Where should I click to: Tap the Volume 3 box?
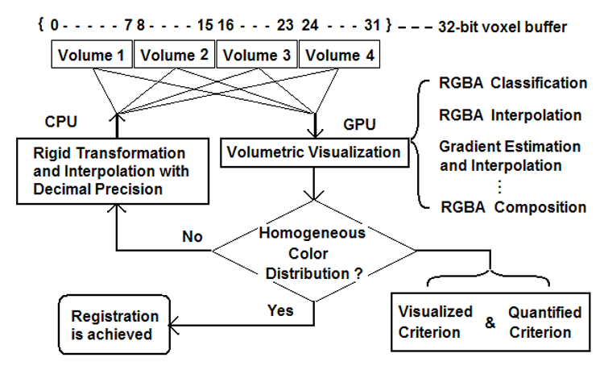pyautogui.click(x=255, y=55)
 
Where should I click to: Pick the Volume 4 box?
pyautogui.click(x=337, y=55)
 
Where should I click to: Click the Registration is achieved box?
pyautogui.click(x=114, y=325)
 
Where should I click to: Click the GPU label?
pyautogui.click(x=358, y=124)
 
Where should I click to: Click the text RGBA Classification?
pyautogui.click(x=514, y=83)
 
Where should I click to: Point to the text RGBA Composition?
pyautogui.click(x=513, y=207)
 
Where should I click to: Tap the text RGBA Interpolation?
pyautogui.click(x=511, y=115)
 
